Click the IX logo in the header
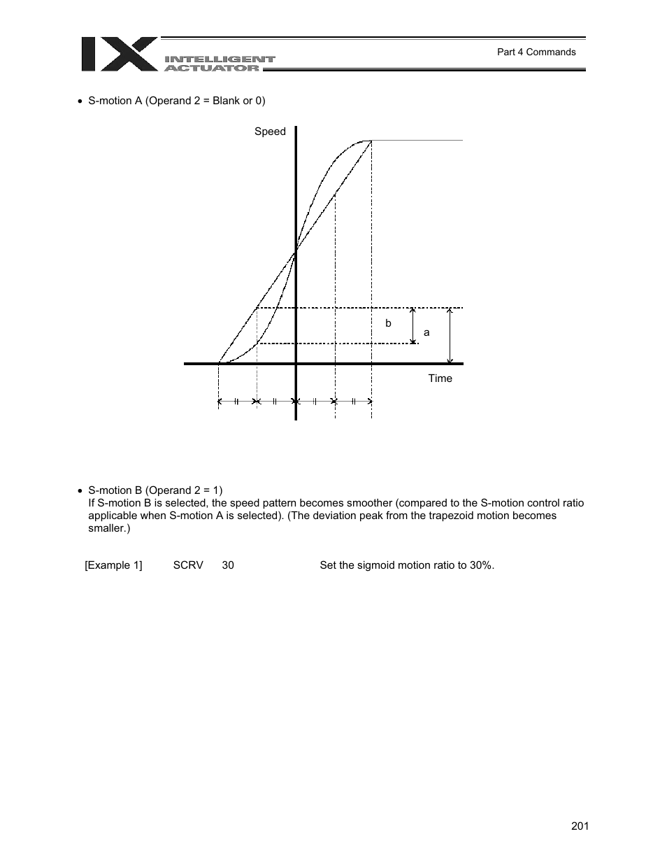(118, 55)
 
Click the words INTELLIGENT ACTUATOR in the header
(220, 64)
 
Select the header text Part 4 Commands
(536, 52)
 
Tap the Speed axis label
(270, 132)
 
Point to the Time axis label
(440, 378)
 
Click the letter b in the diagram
(389, 324)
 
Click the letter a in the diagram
(426, 333)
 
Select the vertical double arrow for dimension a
(450, 335)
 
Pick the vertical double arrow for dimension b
(413, 325)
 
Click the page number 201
(580, 826)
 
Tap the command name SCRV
(188, 565)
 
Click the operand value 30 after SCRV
(228, 565)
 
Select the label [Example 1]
(113, 565)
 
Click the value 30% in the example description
(480, 565)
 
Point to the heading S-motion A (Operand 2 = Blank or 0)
(176, 101)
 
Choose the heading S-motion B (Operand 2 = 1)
(155, 490)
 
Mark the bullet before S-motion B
(80, 491)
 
